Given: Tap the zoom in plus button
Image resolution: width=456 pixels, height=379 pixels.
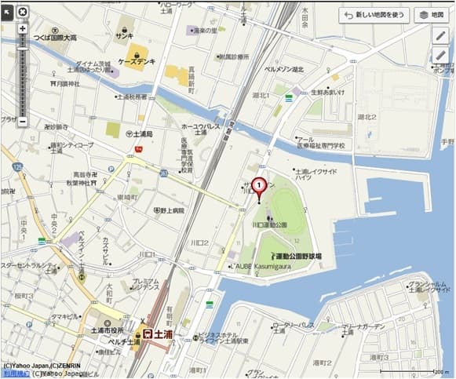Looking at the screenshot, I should [x=23, y=28].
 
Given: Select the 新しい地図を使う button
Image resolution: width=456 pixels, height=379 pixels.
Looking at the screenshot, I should [x=374, y=15].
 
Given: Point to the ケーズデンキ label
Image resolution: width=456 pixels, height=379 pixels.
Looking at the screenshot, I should [x=136, y=61].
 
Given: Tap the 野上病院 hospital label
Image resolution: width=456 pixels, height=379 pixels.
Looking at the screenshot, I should [x=168, y=210].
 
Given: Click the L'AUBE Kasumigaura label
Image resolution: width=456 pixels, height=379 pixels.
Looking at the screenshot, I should [x=261, y=268].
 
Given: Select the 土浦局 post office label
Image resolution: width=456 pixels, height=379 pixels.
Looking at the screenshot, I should [x=142, y=134].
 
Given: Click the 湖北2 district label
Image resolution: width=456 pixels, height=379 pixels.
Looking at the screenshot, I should [x=367, y=117].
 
